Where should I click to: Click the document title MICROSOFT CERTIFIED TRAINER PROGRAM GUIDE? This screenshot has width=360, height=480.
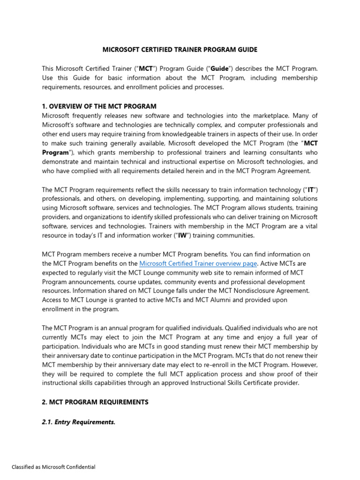pos(180,49)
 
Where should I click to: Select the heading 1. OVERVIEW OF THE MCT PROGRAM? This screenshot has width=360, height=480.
pos(99,106)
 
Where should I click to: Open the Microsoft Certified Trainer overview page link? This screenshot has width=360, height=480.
pos(198,263)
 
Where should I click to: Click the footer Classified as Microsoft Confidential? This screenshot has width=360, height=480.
pos(53,467)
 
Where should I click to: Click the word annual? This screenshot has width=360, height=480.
pos(108,327)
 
